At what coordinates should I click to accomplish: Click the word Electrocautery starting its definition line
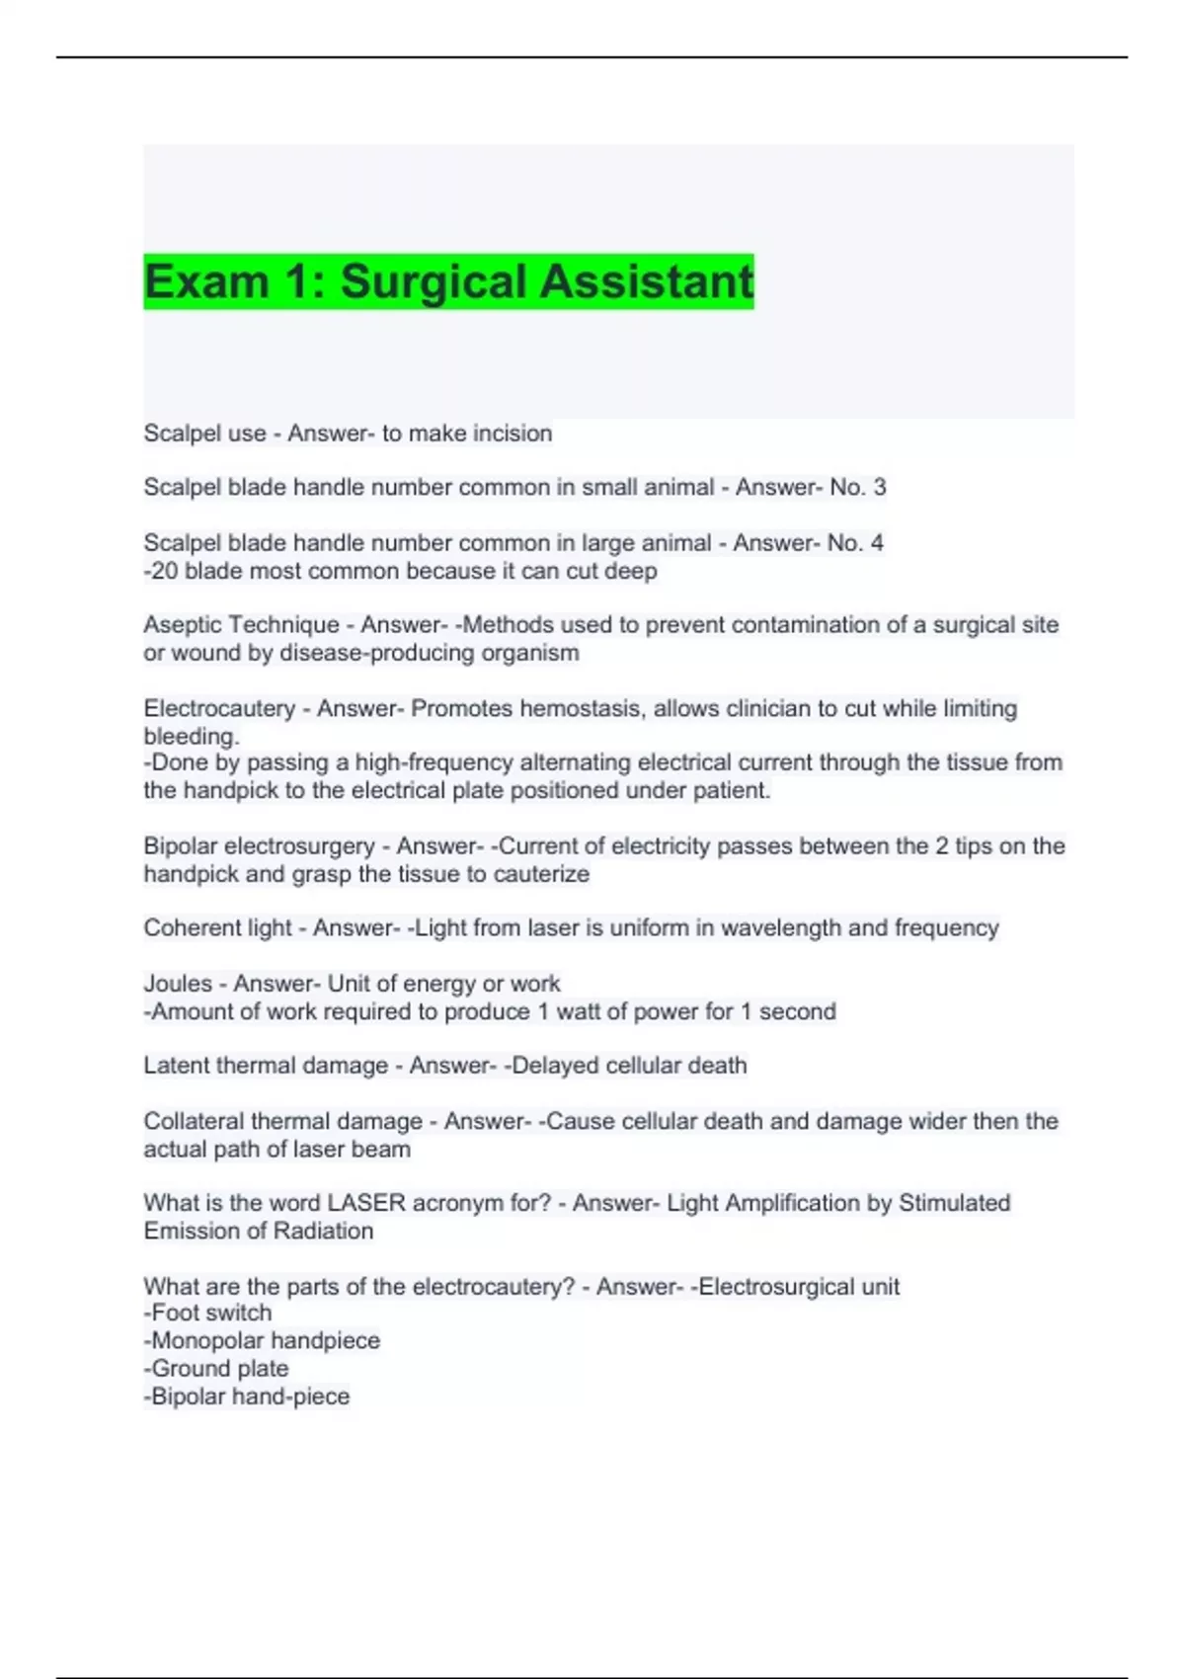218,708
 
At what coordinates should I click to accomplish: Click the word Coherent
187,927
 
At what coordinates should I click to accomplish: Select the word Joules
178,983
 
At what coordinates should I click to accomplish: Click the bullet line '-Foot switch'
207,1313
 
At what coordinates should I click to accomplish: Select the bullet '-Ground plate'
216,1368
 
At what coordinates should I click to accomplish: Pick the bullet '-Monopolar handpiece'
262,1340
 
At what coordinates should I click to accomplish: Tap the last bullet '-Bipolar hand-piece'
247,1396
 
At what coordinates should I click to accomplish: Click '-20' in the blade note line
160,571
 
